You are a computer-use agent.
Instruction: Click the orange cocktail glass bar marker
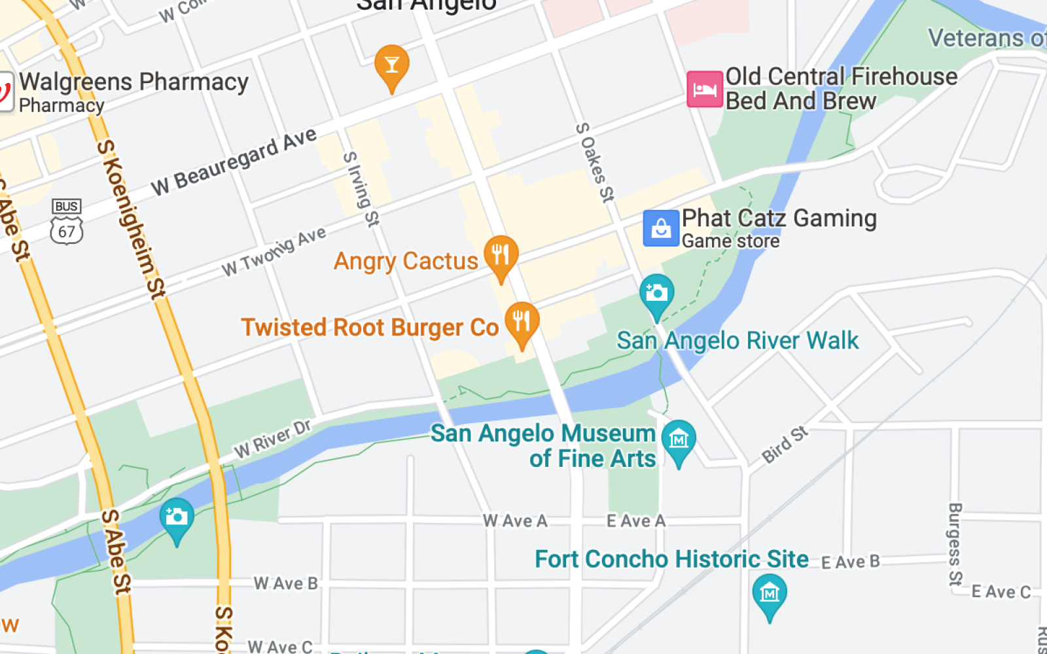pyautogui.click(x=392, y=66)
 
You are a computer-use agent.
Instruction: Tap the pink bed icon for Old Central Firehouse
pyautogui.click(x=704, y=89)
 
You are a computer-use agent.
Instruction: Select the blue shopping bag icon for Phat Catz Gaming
pyautogui.click(x=661, y=228)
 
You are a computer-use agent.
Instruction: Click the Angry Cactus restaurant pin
pyautogui.click(x=501, y=256)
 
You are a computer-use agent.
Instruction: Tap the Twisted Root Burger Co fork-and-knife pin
pyautogui.click(x=522, y=322)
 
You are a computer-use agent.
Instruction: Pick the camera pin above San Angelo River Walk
pyautogui.click(x=656, y=294)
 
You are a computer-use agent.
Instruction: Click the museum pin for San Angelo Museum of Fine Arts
pyautogui.click(x=679, y=440)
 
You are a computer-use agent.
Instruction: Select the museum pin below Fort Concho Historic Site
pyautogui.click(x=769, y=594)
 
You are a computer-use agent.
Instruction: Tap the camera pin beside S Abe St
pyautogui.click(x=177, y=518)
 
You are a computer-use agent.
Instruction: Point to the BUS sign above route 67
pyautogui.click(x=66, y=207)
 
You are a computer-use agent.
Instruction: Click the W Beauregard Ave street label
pyautogui.click(x=234, y=162)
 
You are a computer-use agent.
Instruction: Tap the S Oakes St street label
pyautogui.click(x=595, y=162)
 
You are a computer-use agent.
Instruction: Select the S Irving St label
pyautogui.click(x=361, y=189)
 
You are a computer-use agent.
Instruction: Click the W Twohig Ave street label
pyautogui.click(x=274, y=252)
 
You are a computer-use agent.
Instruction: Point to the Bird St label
pyautogui.click(x=785, y=445)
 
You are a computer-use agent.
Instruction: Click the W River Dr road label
pyautogui.click(x=273, y=439)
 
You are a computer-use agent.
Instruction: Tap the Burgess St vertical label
pyautogui.click(x=955, y=544)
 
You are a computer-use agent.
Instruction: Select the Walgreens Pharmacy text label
pyautogui.click(x=133, y=82)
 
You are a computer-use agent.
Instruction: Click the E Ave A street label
pyautogui.click(x=635, y=521)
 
